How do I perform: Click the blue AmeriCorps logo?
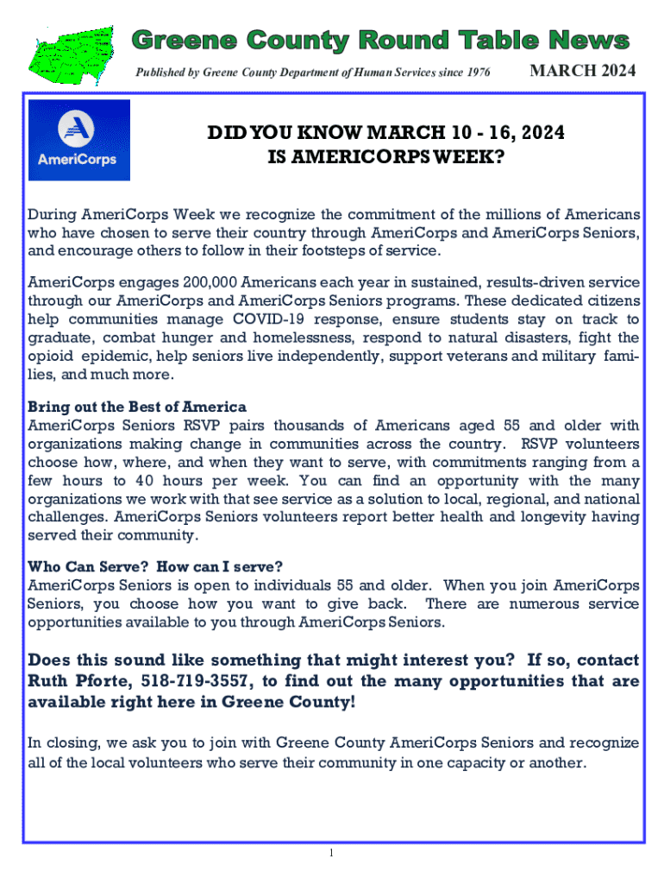(x=78, y=139)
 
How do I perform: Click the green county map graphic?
(x=74, y=51)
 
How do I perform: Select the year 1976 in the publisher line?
(x=476, y=73)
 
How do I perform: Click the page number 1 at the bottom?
(x=331, y=853)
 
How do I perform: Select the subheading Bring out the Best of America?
(x=137, y=407)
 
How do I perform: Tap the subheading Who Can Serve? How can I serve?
(x=155, y=567)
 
